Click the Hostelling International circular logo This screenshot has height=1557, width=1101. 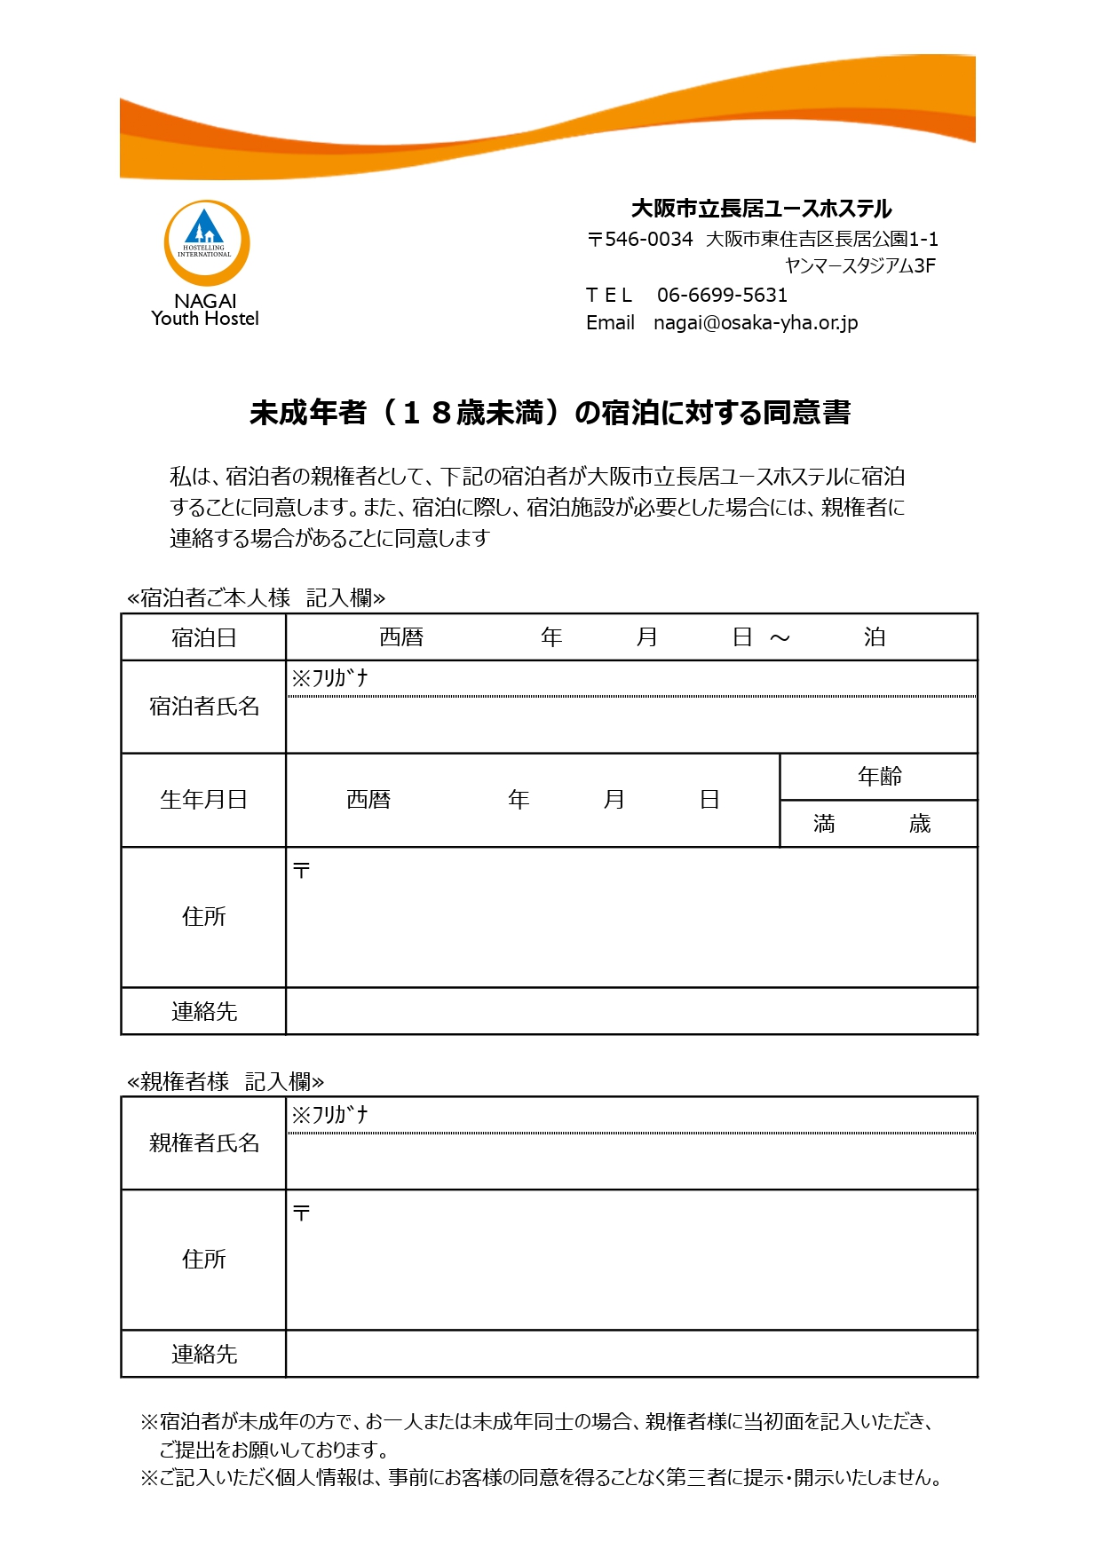[206, 242]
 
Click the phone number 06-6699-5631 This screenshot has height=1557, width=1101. [722, 295]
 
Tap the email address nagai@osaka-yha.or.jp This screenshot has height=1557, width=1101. [756, 322]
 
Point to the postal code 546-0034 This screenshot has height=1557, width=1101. [647, 239]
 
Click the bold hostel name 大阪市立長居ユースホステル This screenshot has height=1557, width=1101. [761, 209]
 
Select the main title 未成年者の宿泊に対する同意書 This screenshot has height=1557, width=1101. [550, 413]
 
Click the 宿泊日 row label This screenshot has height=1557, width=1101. [203, 637]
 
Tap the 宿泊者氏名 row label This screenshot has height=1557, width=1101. [203, 707]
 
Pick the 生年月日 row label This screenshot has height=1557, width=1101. [203, 800]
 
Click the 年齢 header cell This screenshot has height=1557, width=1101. [879, 777]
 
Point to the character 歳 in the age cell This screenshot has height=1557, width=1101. [920, 824]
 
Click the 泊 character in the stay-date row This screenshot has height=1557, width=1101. [875, 637]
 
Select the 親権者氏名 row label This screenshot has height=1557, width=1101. [203, 1143]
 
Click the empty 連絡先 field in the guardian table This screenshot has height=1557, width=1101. [630, 1354]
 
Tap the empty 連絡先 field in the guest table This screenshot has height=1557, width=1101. [630, 1011]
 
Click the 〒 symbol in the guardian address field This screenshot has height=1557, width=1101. [302, 1213]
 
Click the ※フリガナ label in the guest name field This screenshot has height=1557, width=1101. [329, 678]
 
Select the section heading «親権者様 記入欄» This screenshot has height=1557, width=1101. [226, 1081]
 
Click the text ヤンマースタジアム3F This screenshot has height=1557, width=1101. [859, 265]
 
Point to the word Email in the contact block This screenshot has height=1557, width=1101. [610, 322]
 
